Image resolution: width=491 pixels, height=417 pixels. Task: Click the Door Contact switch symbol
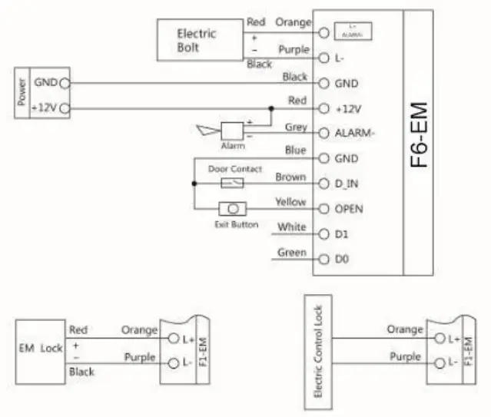tap(232, 183)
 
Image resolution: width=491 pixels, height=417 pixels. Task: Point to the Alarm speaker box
tap(231, 130)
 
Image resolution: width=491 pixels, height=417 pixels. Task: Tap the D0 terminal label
tap(342, 260)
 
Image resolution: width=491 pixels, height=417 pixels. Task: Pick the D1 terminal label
tap(342, 233)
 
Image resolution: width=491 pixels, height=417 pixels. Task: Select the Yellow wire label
tap(291, 203)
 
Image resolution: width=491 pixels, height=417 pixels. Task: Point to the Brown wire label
tap(291, 177)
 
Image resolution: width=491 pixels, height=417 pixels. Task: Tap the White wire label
tap(292, 227)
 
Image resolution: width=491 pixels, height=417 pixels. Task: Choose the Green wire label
tap(292, 253)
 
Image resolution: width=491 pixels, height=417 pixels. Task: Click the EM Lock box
tap(40, 348)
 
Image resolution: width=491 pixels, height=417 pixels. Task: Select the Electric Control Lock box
tap(319, 346)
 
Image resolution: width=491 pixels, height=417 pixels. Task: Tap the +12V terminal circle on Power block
tap(64, 108)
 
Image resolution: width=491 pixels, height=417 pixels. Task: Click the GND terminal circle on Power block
tap(64, 82)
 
